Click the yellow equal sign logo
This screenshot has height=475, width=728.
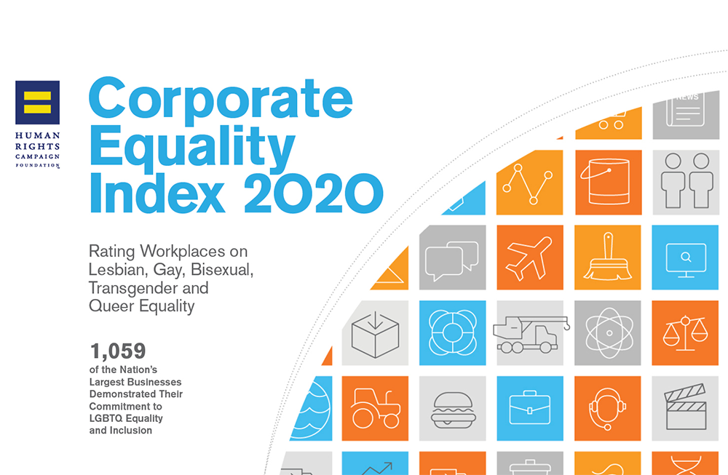click(37, 103)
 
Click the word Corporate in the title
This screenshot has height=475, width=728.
click(221, 99)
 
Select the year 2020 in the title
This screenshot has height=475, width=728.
click(313, 193)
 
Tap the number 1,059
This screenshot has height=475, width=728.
click(118, 351)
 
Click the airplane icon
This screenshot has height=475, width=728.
click(529, 258)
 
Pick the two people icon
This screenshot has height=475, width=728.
click(687, 180)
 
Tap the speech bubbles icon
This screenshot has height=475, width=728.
click(452, 260)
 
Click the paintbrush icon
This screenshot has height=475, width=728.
click(608, 257)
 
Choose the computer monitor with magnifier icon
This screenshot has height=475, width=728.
click(686, 259)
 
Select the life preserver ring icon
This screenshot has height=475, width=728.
click(453, 332)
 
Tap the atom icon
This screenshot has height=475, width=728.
click(609, 333)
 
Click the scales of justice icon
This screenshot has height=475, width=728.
click(685, 332)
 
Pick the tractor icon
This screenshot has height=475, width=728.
click(376, 408)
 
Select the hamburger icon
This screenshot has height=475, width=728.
click(453, 410)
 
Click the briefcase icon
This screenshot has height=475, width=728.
click(530, 408)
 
